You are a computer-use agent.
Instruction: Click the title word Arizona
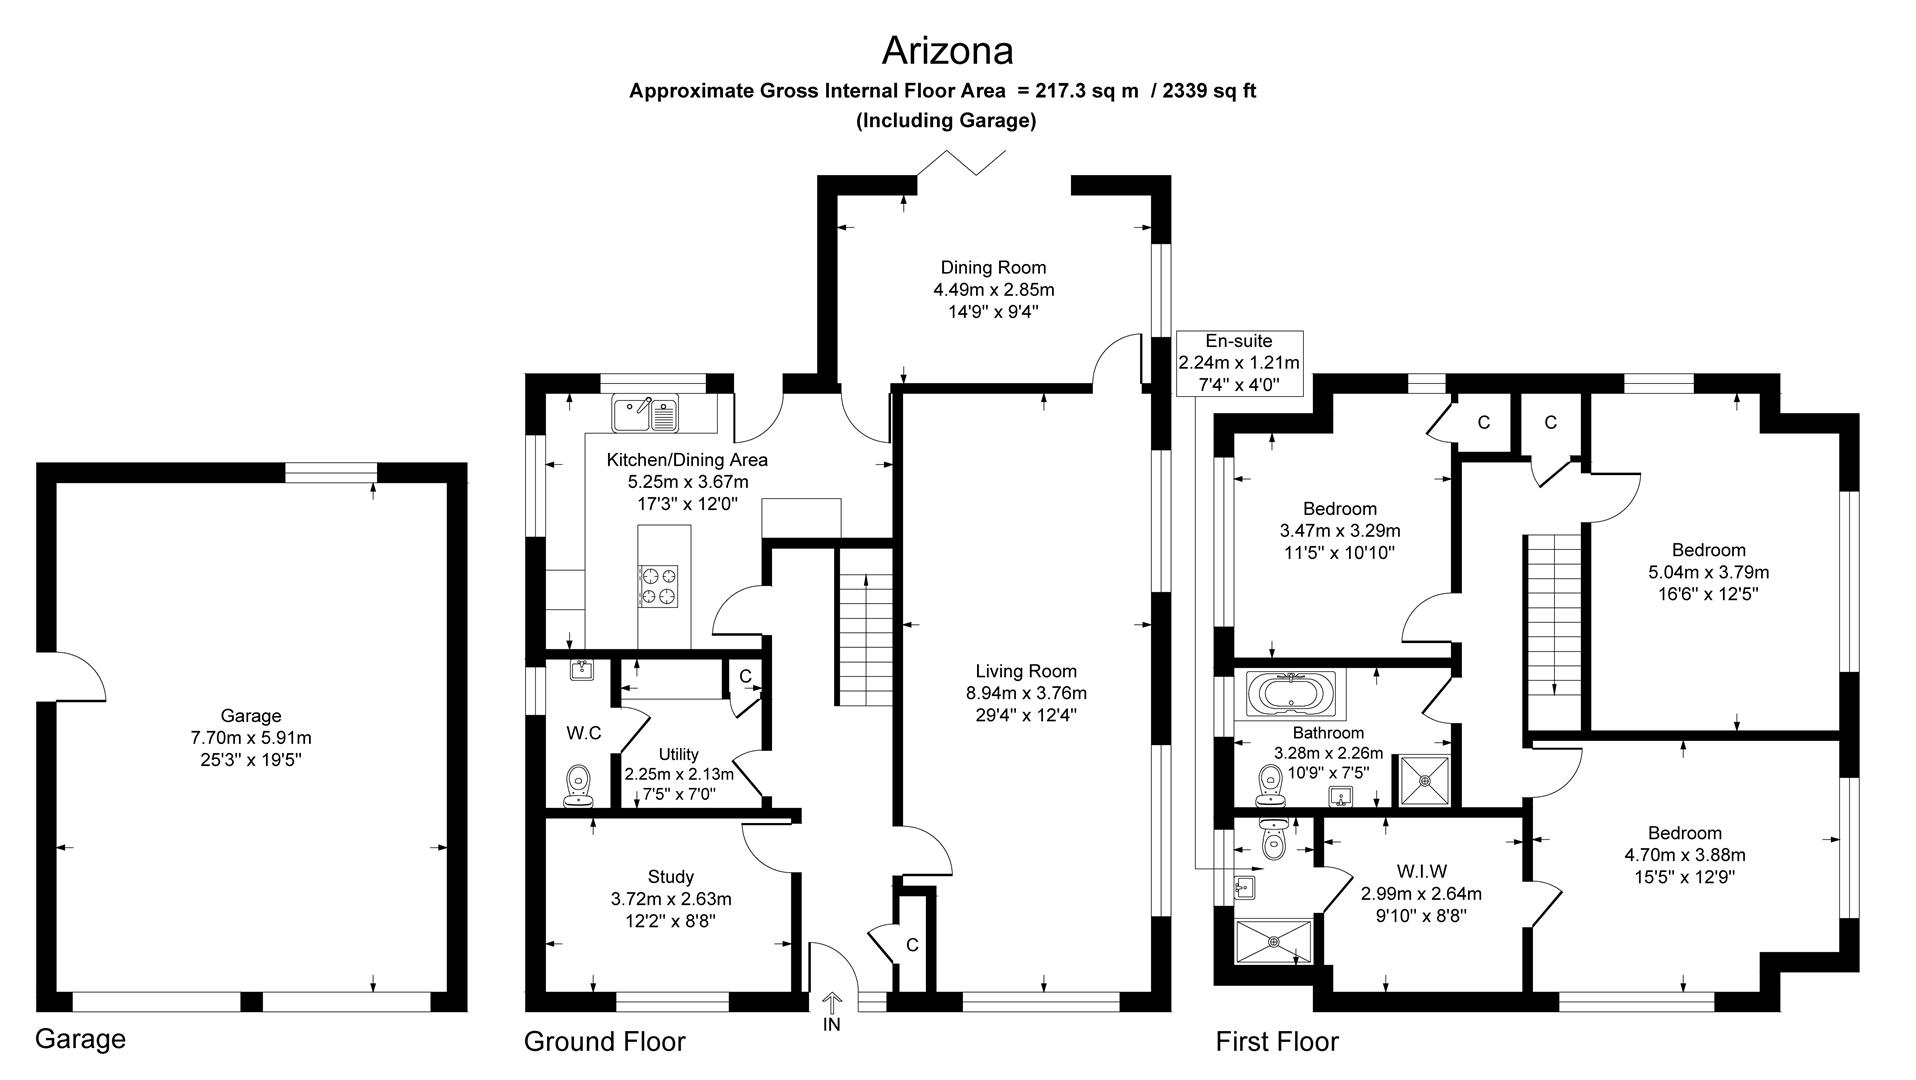947,50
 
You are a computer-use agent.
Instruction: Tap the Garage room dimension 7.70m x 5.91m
251,738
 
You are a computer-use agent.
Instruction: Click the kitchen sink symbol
645,413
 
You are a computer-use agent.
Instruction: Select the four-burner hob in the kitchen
658,586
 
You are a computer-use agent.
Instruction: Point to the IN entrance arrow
832,1004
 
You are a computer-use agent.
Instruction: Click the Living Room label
1026,671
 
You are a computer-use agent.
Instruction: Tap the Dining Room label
993,267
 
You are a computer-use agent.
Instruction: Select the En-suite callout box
1239,363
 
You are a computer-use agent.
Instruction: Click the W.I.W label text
1421,872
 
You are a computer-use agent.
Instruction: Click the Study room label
671,877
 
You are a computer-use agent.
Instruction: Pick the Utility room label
679,754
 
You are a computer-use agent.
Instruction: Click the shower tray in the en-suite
1273,941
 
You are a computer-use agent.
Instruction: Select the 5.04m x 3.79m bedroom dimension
1708,572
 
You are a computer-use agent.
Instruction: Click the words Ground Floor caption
604,1042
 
